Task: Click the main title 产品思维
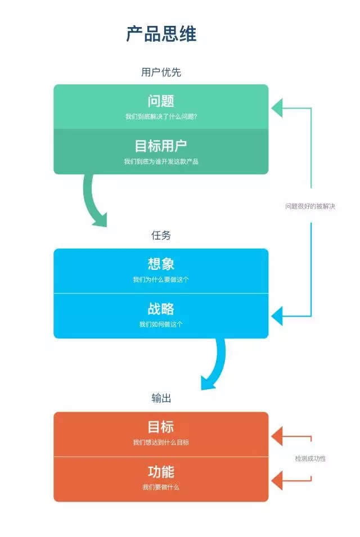[161, 34]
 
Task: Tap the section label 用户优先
[161, 73]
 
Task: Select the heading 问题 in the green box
[161, 101]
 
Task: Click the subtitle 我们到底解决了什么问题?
[161, 117]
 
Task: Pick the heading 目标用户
[161, 146]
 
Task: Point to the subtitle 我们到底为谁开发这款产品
[161, 161]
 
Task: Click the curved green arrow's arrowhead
[101, 220]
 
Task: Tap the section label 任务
[161, 236]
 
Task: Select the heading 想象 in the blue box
[161, 264]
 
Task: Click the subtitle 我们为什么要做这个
[161, 279]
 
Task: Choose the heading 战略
[161, 309]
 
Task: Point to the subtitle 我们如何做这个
[161, 324]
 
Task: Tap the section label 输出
[161, 398]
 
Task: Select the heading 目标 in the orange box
[161, 427]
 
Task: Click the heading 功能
[161, 472]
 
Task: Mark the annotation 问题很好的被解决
[310, 206]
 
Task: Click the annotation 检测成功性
[310, 458]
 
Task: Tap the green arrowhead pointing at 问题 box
[277, 107]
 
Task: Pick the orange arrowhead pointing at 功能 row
[277, 480]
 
